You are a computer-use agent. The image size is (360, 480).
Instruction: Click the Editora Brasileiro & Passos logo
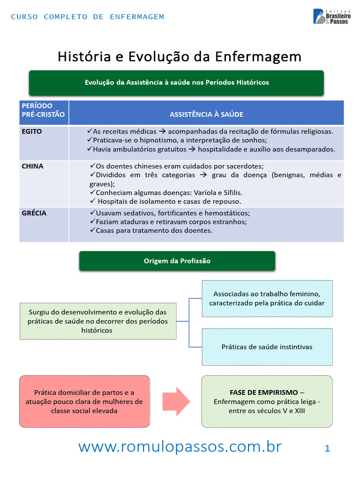tap(332, 16)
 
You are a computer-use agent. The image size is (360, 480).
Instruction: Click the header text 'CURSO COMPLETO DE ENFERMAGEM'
tap(88, 17)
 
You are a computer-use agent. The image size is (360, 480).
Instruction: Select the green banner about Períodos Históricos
tap(176, 82)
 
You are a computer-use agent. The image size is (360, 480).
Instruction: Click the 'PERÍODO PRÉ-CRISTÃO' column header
tap(43, 110)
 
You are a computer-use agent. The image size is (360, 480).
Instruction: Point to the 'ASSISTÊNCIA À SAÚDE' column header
tap(206, 114)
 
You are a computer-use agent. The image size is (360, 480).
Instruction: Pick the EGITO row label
tap(32, 132)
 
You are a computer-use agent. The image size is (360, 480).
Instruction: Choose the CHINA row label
tap(32, 166)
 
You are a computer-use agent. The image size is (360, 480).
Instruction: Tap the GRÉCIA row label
tap(34, 213)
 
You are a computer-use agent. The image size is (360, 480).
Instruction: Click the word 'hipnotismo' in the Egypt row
tap(158, 141)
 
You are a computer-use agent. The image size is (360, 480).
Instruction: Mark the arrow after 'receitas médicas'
tap(162, 132)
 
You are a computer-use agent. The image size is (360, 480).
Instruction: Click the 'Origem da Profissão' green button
tap(177, 261)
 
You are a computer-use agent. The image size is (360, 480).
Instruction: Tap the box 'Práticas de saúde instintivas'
tap(267, 347)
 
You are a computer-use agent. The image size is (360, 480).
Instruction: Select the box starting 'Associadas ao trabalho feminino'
tap(267, 299)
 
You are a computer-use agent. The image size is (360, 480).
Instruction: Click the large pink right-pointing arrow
tap(176, 401)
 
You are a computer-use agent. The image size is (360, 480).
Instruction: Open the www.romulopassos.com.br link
tap(180, 447)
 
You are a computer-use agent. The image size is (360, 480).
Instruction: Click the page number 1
tap(327, 449)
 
